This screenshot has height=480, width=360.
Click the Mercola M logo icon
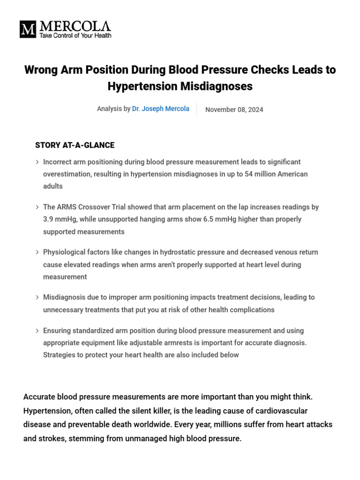tap(28, 29)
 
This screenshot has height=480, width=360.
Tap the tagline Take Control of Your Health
tap(75, 36)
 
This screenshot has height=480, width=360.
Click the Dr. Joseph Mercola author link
tap(161, 109)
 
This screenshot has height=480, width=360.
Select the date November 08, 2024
tap(234, 110)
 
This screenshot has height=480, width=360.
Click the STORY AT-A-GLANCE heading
tap(75, 145)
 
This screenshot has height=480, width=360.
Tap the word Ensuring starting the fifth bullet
tap(57, 330)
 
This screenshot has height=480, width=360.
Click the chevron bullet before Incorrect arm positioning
tap(37, 162)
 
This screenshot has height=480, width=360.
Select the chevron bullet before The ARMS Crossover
tap(37, 207)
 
